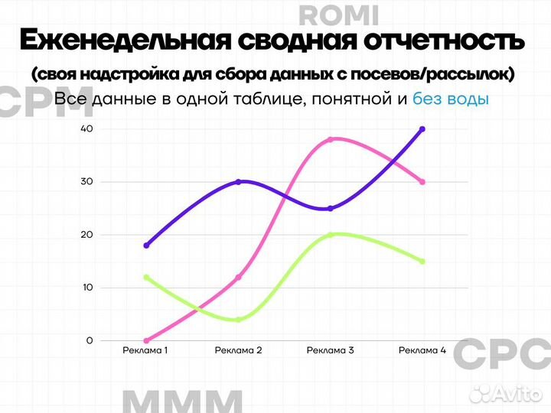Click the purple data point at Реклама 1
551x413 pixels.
[146, 246]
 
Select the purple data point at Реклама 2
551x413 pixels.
[238, 182]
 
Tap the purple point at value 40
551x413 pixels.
[422, 129]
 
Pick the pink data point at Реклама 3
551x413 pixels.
[330, 139]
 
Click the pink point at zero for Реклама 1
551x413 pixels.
[146, 340]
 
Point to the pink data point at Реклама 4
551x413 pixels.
[422, 182]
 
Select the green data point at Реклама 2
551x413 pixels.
[238, 319]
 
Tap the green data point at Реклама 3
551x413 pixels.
[330, 235]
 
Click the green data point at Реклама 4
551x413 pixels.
[422, 262]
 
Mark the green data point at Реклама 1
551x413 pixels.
[146, 277]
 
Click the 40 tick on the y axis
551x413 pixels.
[86, 129]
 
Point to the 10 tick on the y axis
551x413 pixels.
[87, 288]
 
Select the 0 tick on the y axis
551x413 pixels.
[90, 340]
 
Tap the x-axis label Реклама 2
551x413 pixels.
[238, 351]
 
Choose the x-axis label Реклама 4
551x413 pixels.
[422, 351]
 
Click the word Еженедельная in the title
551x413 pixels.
[123, 40]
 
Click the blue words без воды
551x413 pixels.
[450, 99]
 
